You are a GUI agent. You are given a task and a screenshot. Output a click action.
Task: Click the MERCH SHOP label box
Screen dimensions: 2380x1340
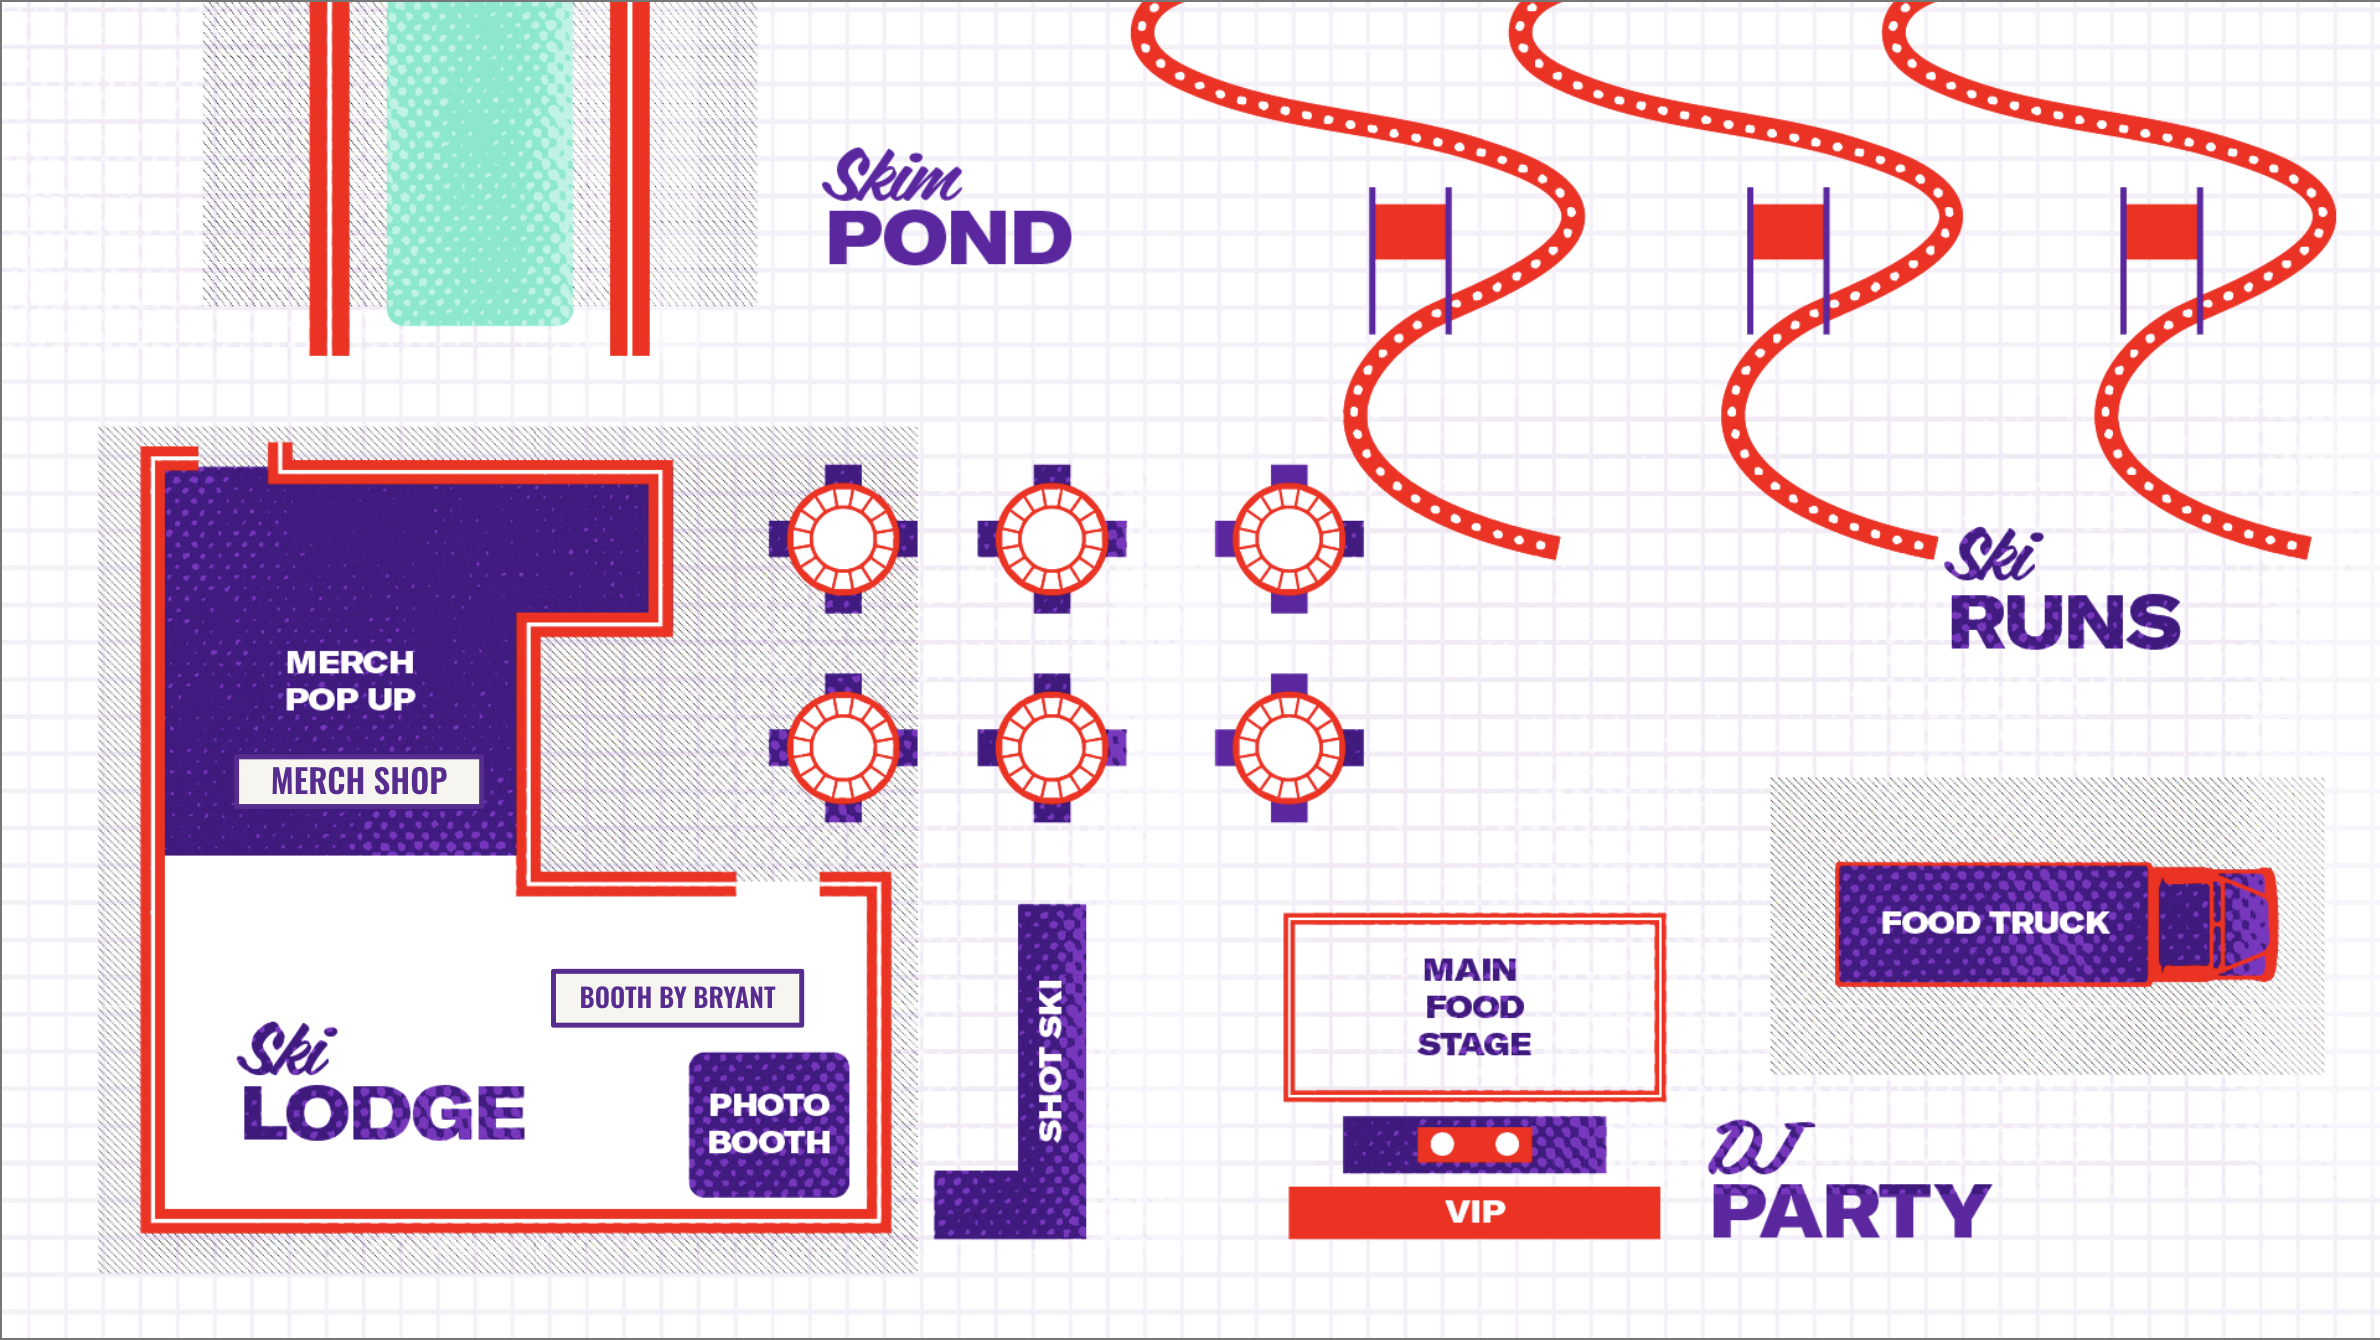[x=359, y=781]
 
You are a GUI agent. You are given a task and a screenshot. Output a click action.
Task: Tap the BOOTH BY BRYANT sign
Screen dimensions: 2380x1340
[x=677, y=998]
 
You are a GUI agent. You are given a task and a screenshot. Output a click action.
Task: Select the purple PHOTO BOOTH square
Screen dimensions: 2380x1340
[x=769, y=1124]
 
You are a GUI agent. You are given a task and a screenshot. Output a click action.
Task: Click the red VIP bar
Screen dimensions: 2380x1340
[x=1474, y=1212]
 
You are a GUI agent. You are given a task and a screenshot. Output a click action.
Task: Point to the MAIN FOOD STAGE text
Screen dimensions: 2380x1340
[x=1473, y=1007]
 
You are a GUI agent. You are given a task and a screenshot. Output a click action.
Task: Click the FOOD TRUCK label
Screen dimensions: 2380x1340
[x=1994, y=923]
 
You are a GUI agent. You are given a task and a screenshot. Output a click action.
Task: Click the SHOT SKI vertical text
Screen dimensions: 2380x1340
[x=1051, y=1060]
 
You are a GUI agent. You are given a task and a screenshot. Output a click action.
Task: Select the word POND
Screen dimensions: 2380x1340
[x=949, y=239]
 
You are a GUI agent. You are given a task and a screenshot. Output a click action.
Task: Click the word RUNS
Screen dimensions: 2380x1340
[x=2065, y=623]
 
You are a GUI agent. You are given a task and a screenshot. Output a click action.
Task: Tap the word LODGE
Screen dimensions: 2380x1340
[x=384, y=1113]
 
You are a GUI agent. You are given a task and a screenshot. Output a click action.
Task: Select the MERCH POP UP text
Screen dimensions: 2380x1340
[x=350, y=680]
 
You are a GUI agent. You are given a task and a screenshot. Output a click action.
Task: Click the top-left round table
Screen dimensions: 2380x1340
[x=843, y=539]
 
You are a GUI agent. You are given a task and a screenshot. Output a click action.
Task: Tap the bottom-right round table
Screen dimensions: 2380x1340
[x=1289, y=748]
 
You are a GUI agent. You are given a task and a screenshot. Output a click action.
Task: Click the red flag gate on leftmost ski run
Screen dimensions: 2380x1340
[x=1410, y=232]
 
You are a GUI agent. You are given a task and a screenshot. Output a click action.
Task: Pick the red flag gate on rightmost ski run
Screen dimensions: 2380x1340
[x=2161, y=232]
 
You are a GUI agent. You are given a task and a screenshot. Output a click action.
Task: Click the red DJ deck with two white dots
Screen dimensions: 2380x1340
[x=1474, y=1144]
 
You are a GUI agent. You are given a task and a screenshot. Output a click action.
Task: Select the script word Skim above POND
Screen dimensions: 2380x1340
[x=892, y=177]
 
